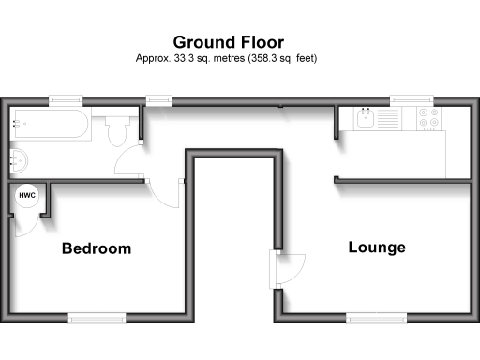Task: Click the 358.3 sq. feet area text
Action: [x=291, y=57]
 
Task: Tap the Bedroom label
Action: [x=97, y=248]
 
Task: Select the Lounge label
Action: [x=377, y=247]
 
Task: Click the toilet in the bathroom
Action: [x=117, y=130]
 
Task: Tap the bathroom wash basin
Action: [x=18, y=159]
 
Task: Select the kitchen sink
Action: [x=364, y=119]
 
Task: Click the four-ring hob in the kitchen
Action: [x=429, y=119]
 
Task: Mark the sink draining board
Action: [x=388, y=119]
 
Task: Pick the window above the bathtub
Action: [x=65, y=99]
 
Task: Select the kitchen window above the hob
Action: [x=411, y=99]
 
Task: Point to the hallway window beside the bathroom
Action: [x=159, y=99]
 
